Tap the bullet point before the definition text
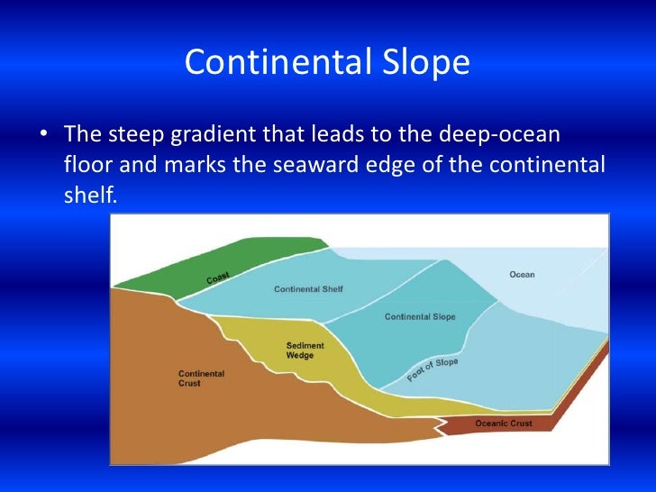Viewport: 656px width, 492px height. (43, 137)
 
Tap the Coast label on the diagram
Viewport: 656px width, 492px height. (218, 278)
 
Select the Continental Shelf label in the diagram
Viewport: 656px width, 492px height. (308, 289)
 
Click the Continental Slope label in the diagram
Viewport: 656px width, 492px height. (420, 316)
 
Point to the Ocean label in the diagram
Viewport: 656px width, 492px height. (522, 274)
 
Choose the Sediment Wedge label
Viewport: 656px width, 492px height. (305, 351)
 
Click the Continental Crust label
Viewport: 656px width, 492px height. (201, 378)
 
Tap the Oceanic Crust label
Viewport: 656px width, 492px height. (503, 423)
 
